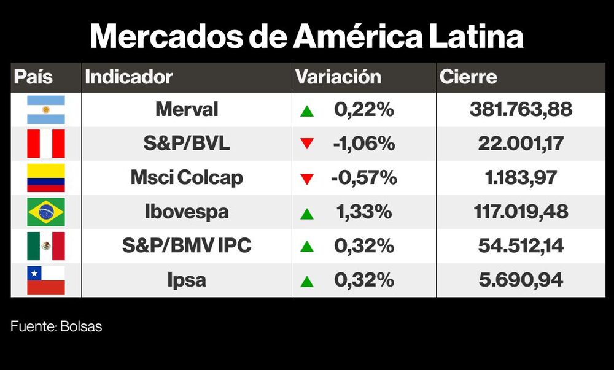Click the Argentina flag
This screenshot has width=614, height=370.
tap(46, 110)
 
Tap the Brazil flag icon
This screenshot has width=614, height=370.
tap(46, 212)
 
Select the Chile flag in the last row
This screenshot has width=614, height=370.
tap(46, 280)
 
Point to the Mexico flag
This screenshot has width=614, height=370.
tap(46, 246)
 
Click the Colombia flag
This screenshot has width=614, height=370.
tap(46, 178)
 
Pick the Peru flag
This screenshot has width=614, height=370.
tap(46, 144)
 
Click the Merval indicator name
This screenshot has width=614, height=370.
tap(187, 110)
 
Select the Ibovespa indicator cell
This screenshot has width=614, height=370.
tap(187, 212)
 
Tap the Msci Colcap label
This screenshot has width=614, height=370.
tap(187, 178)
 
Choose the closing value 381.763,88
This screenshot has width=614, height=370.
tap(521, 110)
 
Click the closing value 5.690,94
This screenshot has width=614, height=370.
tap(521, 280)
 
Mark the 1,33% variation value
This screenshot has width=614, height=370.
tap(363, 212)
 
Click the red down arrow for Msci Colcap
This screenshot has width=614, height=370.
tap(307, 179)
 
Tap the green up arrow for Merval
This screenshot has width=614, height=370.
tap(307, 111)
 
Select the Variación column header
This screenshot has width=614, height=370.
tap(338, 77)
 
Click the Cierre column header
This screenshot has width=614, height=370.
tap(468, 77)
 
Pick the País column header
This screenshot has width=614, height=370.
tap(33, 77)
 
